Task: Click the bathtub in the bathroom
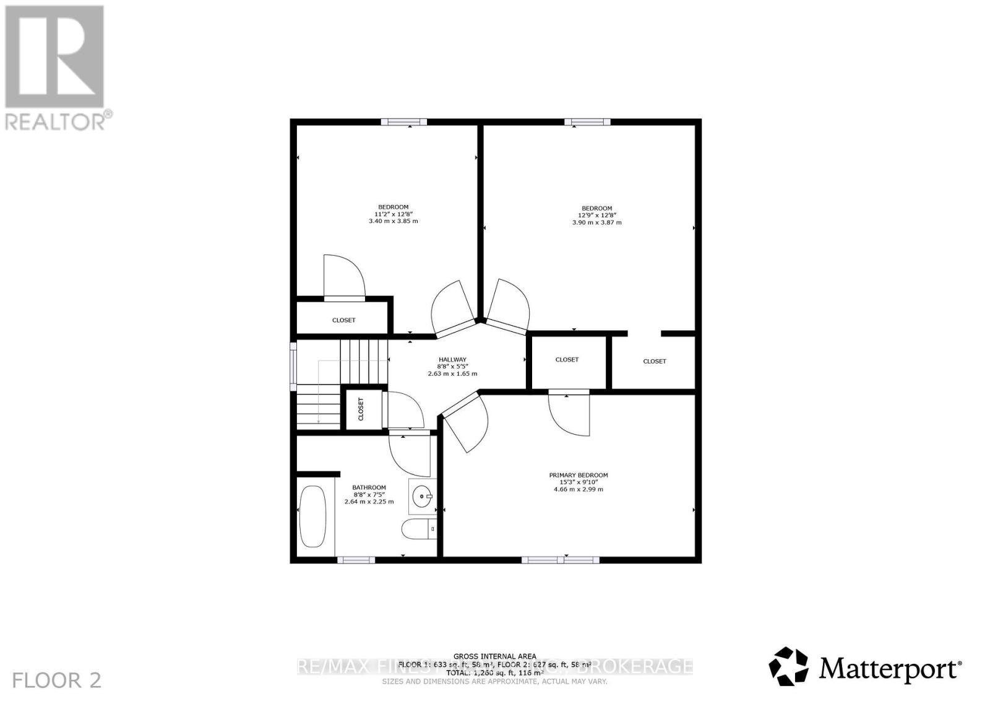tap(312, 516)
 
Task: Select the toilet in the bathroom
tap(419, 529)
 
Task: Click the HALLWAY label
tap(452, 360)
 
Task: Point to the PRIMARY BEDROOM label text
tap(579, 475)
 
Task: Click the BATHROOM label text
tap(369, 487)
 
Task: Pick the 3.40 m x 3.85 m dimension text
tap(393, 221)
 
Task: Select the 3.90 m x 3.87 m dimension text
tap(596, 222)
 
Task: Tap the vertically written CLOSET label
tap(361, 409)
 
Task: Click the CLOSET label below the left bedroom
tap(344, 320)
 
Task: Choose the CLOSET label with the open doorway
tap(655, 361)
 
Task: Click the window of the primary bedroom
tap(560, 560)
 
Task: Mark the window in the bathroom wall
tap(356, 560)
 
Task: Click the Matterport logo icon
tap(788, 666)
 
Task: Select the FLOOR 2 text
tap(56, 681)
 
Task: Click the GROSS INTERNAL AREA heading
tap(495, 656)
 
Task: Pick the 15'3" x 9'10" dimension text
tap(579, 482)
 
